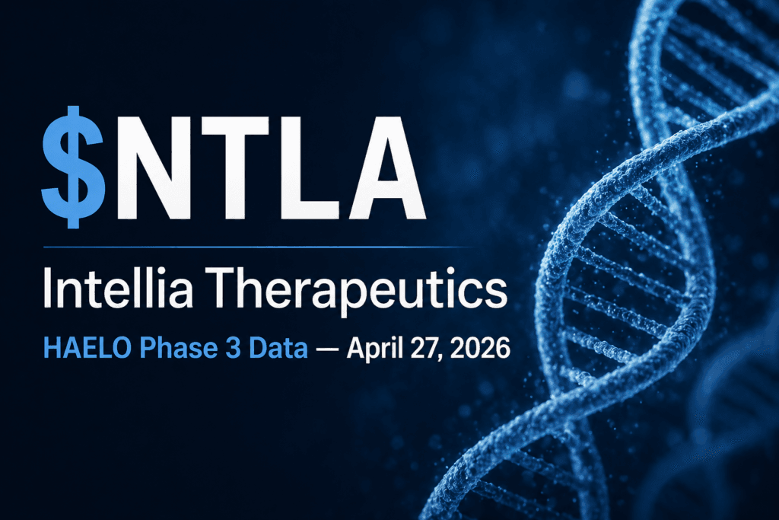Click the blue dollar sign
click(x=74, y=165)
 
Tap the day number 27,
click(x=433, y=350)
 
